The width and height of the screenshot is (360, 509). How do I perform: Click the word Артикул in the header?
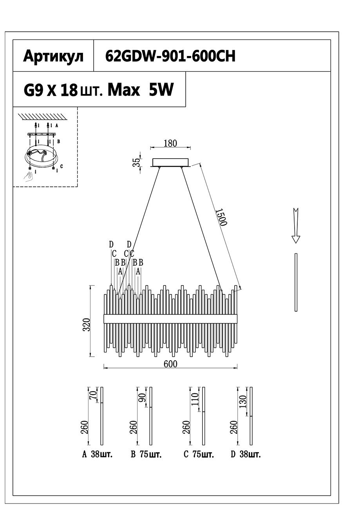coord(53,56)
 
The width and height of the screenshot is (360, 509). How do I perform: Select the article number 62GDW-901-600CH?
coord(170,56)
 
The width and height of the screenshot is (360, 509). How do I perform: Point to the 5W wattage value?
coord(161,91)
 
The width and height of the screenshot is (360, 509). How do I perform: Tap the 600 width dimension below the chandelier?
coord(170,364)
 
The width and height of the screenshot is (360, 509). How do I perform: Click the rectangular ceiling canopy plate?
coord(171,162)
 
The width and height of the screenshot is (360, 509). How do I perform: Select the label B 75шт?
coord(146,455)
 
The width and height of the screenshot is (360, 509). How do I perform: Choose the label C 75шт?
coord(199,455)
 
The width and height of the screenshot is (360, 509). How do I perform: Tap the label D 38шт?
coord(246,455)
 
